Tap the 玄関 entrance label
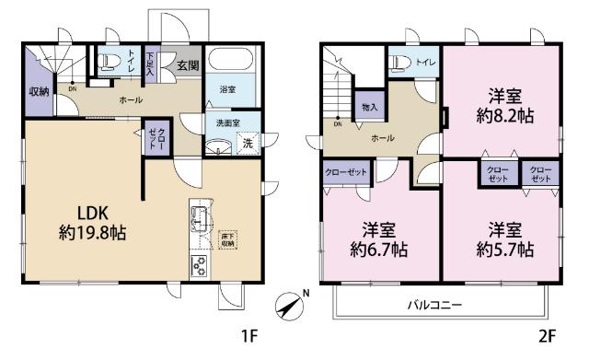188,65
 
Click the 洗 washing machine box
247,143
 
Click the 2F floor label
547,338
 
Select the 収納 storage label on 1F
39,91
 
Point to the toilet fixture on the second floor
398,62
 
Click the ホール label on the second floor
383,137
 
